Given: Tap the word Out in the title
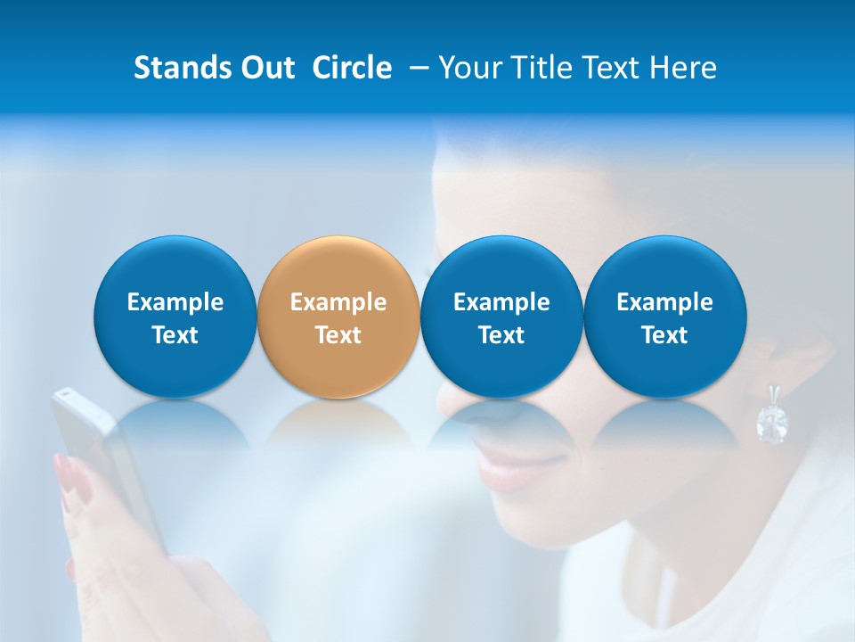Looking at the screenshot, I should click(x=266, y=68).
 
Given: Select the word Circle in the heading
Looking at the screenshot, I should click(x=352, y=68).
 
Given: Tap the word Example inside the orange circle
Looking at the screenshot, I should click(x=338, y=302).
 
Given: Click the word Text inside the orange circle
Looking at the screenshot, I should click(x=338, y=335).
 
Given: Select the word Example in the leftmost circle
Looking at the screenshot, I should click(x=175, y=302).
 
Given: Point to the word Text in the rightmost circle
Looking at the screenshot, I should click(x=665, y=335).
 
